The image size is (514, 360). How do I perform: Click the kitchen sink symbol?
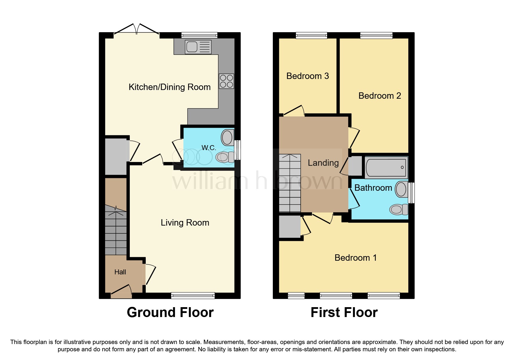coord(198,47)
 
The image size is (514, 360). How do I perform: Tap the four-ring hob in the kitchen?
coord(226,81)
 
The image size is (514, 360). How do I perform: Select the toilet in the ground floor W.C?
coord(225,157)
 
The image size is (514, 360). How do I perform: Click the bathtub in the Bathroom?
coord(386,168)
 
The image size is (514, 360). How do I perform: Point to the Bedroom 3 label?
coord(307,76)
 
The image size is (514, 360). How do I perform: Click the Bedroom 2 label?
coord(379,96)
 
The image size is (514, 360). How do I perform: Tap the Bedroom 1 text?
coord(355,258)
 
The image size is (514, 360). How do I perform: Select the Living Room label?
coord(185,223)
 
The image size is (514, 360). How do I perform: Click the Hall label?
coord(120,272)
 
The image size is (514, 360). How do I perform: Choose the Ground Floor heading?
coord(170,313)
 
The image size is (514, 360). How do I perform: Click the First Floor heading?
coord(344,313)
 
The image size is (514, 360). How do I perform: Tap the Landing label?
coord(323,163)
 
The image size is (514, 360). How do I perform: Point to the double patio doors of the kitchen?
coord(136,31)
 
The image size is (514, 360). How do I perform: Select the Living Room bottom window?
coord(193,296)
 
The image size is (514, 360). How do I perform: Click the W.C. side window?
coord(238,150)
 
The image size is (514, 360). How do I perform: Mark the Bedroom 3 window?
coord(311,35)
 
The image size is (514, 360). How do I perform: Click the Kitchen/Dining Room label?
coord(169,87)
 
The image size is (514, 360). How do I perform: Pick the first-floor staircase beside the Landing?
coord(290,183)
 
